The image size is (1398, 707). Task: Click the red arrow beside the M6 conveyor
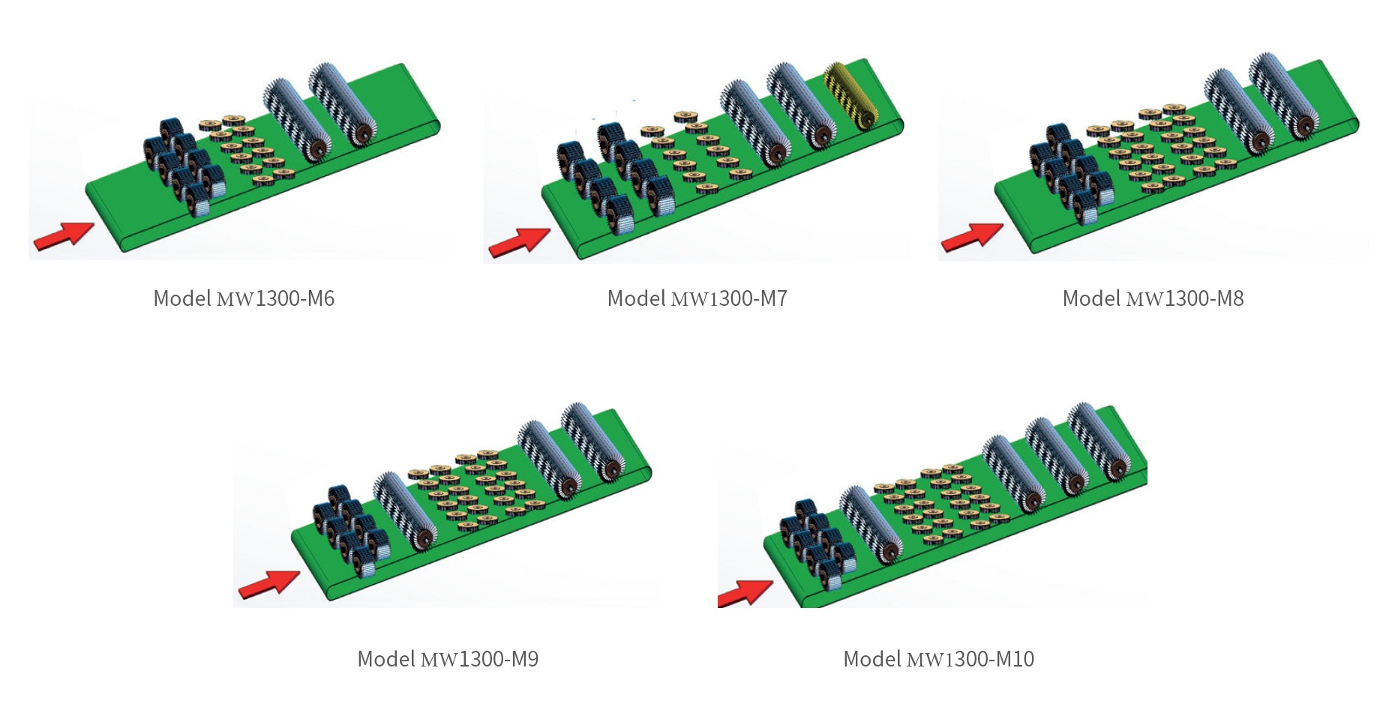[x=64, y=235]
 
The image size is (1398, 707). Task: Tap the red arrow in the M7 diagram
[x=519, y=241]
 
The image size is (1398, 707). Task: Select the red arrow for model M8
[x=972, y=237]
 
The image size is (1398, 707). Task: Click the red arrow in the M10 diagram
[x=744, y=593]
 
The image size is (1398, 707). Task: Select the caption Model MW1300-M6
[x=244, y=298]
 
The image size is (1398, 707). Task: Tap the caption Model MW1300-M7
[x=697, y=298]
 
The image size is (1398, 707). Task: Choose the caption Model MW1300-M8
[x=1153, y=298]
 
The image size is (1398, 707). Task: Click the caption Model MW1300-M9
[x=448, y=659]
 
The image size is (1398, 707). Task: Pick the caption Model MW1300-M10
[x=938, y=659]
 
